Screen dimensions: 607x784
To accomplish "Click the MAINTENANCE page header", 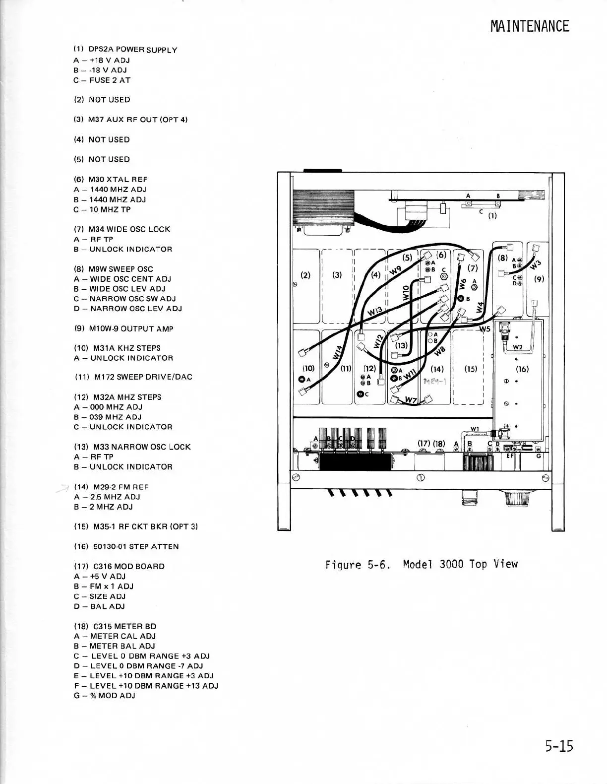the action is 530,26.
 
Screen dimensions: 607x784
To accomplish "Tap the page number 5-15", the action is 559,746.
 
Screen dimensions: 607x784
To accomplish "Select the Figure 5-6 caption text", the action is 421,564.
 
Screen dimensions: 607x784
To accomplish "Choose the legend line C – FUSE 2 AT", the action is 102,80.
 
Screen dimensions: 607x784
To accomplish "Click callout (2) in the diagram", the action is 305,275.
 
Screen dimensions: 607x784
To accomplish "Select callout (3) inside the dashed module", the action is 337,275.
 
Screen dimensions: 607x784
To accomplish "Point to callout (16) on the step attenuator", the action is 522,369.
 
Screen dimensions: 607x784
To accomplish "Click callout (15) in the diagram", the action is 471,369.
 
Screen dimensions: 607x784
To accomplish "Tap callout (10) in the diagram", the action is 308,368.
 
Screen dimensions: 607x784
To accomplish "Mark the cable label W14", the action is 338,352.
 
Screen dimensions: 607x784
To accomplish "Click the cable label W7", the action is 411,400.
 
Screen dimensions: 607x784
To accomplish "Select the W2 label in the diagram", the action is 517,347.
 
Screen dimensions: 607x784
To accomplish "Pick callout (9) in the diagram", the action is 539,279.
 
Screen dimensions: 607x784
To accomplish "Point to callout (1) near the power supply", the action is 492,216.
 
